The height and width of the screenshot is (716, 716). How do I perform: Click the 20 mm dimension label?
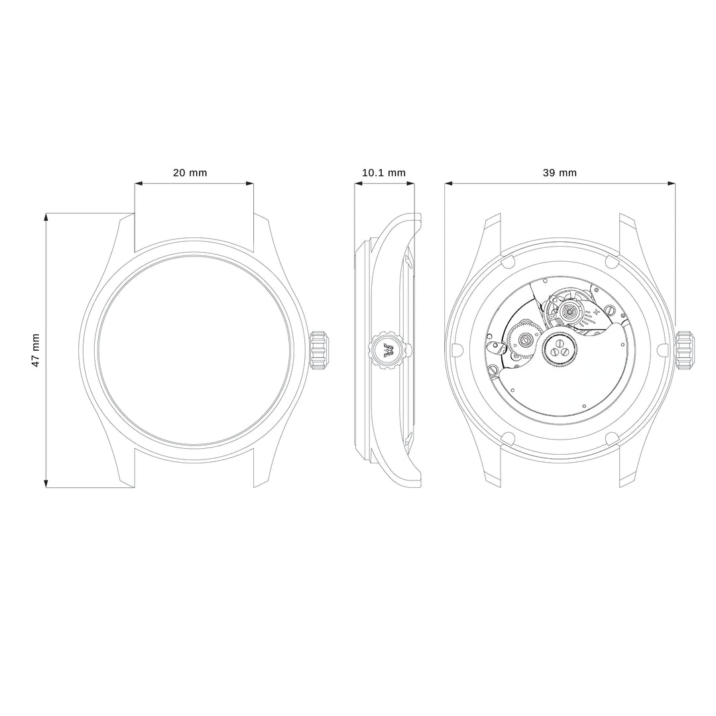[x=190, y=173]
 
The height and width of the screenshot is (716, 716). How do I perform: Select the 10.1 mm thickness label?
[x=383, y=173]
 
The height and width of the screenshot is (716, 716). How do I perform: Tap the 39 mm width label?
[x=560, y=173]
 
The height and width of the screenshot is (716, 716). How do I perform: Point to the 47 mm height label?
[x=36, y=350]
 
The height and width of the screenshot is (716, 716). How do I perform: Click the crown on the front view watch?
[x=320, y=350]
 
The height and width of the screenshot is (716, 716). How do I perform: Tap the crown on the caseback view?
[x=686, y=350]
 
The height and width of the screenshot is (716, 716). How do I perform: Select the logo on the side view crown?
[x=387, y=351]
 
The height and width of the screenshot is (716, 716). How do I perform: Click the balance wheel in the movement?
[x=569, y=312]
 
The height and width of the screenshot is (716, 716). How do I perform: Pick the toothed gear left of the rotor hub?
[x=524, y=341]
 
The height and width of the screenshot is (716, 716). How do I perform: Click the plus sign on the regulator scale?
[x=597, y=310]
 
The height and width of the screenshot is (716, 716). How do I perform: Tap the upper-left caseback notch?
[x=507, y=261]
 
